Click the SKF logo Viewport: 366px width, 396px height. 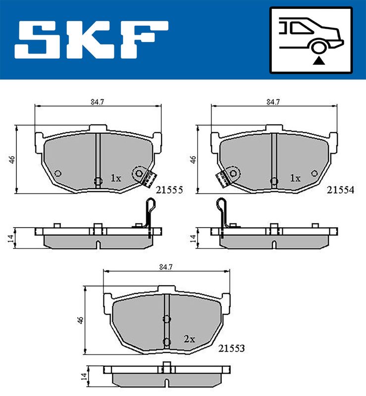(x=91, y=40)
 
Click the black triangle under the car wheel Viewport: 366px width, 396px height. (x=319, y=60)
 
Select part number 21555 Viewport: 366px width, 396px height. (x=169, y=190)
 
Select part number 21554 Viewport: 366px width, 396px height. (x=340, y=190)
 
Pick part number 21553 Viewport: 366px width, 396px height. (x=231, y=348)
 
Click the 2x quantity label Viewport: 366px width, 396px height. (x=189, y=339)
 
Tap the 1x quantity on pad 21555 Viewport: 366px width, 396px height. (x=116, y=178)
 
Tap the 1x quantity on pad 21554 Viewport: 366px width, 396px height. (x=295, y=178)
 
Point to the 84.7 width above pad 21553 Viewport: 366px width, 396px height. (x=166, y=267)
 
